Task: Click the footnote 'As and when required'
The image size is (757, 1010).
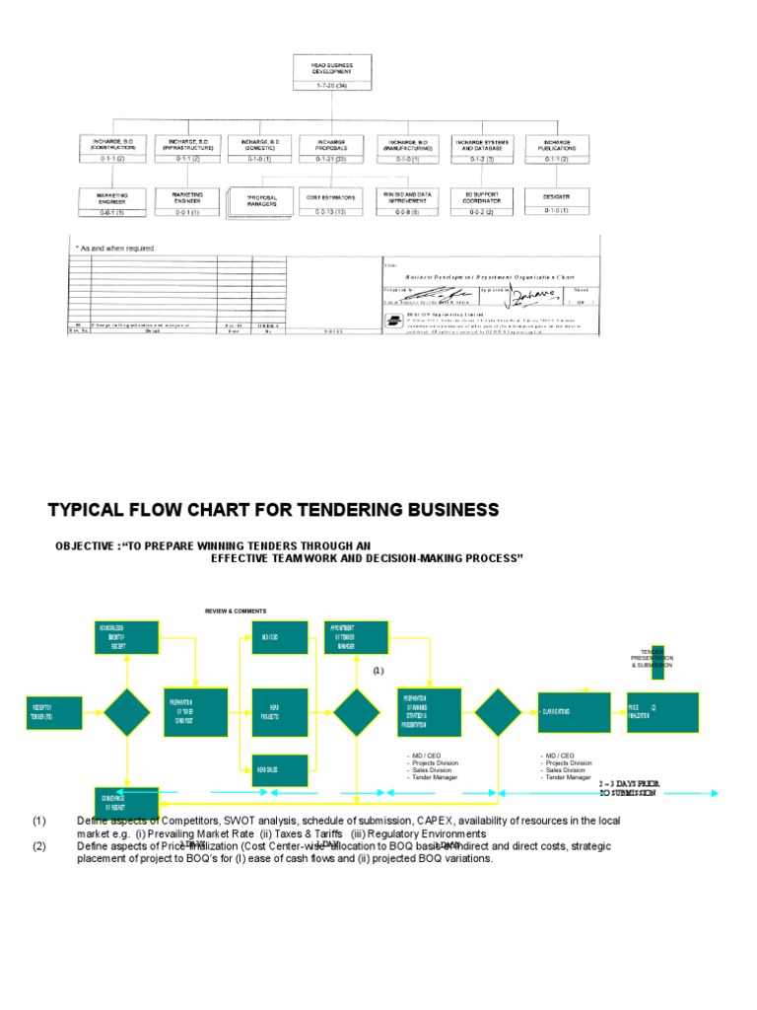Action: pyautogui.click(x=116, y=248)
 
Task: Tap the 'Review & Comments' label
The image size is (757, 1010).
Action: pyautogui.click(x=235, y=612)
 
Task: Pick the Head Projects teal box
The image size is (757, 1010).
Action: pyautogui.click(x=280, y=713)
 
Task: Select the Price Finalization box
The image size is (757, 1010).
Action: pyautogui.click(x=661, y=712)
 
